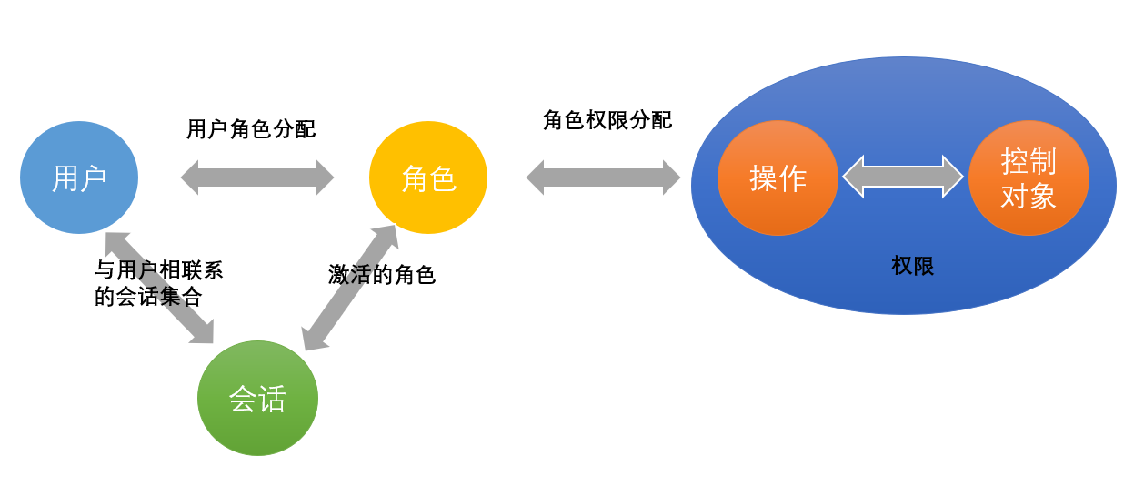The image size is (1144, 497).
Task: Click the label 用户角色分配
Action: coord(251,129)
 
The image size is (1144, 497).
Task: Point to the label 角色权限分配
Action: coord(607,120)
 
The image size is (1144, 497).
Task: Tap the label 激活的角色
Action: coord(382,275)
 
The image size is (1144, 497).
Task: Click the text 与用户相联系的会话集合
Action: coord(158,283)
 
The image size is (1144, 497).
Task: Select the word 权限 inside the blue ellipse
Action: coord(913,266)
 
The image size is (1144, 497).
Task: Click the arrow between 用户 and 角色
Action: coord(257,177)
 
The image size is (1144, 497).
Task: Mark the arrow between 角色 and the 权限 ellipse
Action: coord(603,177)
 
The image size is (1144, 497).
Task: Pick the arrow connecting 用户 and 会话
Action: coord(159,288)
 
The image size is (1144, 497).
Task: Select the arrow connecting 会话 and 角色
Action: coord(350,288)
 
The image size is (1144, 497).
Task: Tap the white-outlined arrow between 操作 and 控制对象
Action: coord(903,177)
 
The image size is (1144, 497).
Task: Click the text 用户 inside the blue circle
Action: coord(79,178)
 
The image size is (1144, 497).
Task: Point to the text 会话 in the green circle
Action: coord(257,399)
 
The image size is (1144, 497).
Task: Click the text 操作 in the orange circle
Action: coord(778,178)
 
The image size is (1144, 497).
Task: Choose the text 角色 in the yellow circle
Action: coord(428,178)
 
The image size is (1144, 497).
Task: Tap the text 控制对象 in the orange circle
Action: coord(1029,178)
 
